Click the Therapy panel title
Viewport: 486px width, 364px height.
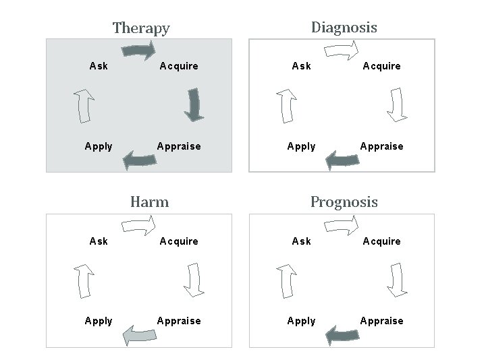coord(141,28)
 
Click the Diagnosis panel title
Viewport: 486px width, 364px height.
coord(344,27)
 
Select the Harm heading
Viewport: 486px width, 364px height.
coord(149,202)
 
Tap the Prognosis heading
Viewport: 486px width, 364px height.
coord(344,202)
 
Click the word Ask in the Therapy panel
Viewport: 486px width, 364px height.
coord(99,66)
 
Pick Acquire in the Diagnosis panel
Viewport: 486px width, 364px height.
coord(381,66)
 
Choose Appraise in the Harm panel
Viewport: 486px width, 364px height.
coord(179,321)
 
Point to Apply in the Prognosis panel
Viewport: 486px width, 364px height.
coord(301,321)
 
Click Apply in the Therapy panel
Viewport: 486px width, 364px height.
coord(99,146)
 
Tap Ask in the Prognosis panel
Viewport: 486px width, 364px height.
coord(301,241)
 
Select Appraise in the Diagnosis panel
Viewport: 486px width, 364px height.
coord(381,146)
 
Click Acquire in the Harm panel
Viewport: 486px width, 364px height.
coord(179,241)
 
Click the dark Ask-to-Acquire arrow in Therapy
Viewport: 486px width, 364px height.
coord(139,51)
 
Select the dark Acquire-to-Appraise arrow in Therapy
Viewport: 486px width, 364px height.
coord(194,104)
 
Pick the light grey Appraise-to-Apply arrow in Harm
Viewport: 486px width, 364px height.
coord(139,335)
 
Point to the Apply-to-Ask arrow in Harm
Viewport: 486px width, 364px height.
coord(84,280)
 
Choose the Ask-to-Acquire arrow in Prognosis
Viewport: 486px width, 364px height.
coord(342,225)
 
